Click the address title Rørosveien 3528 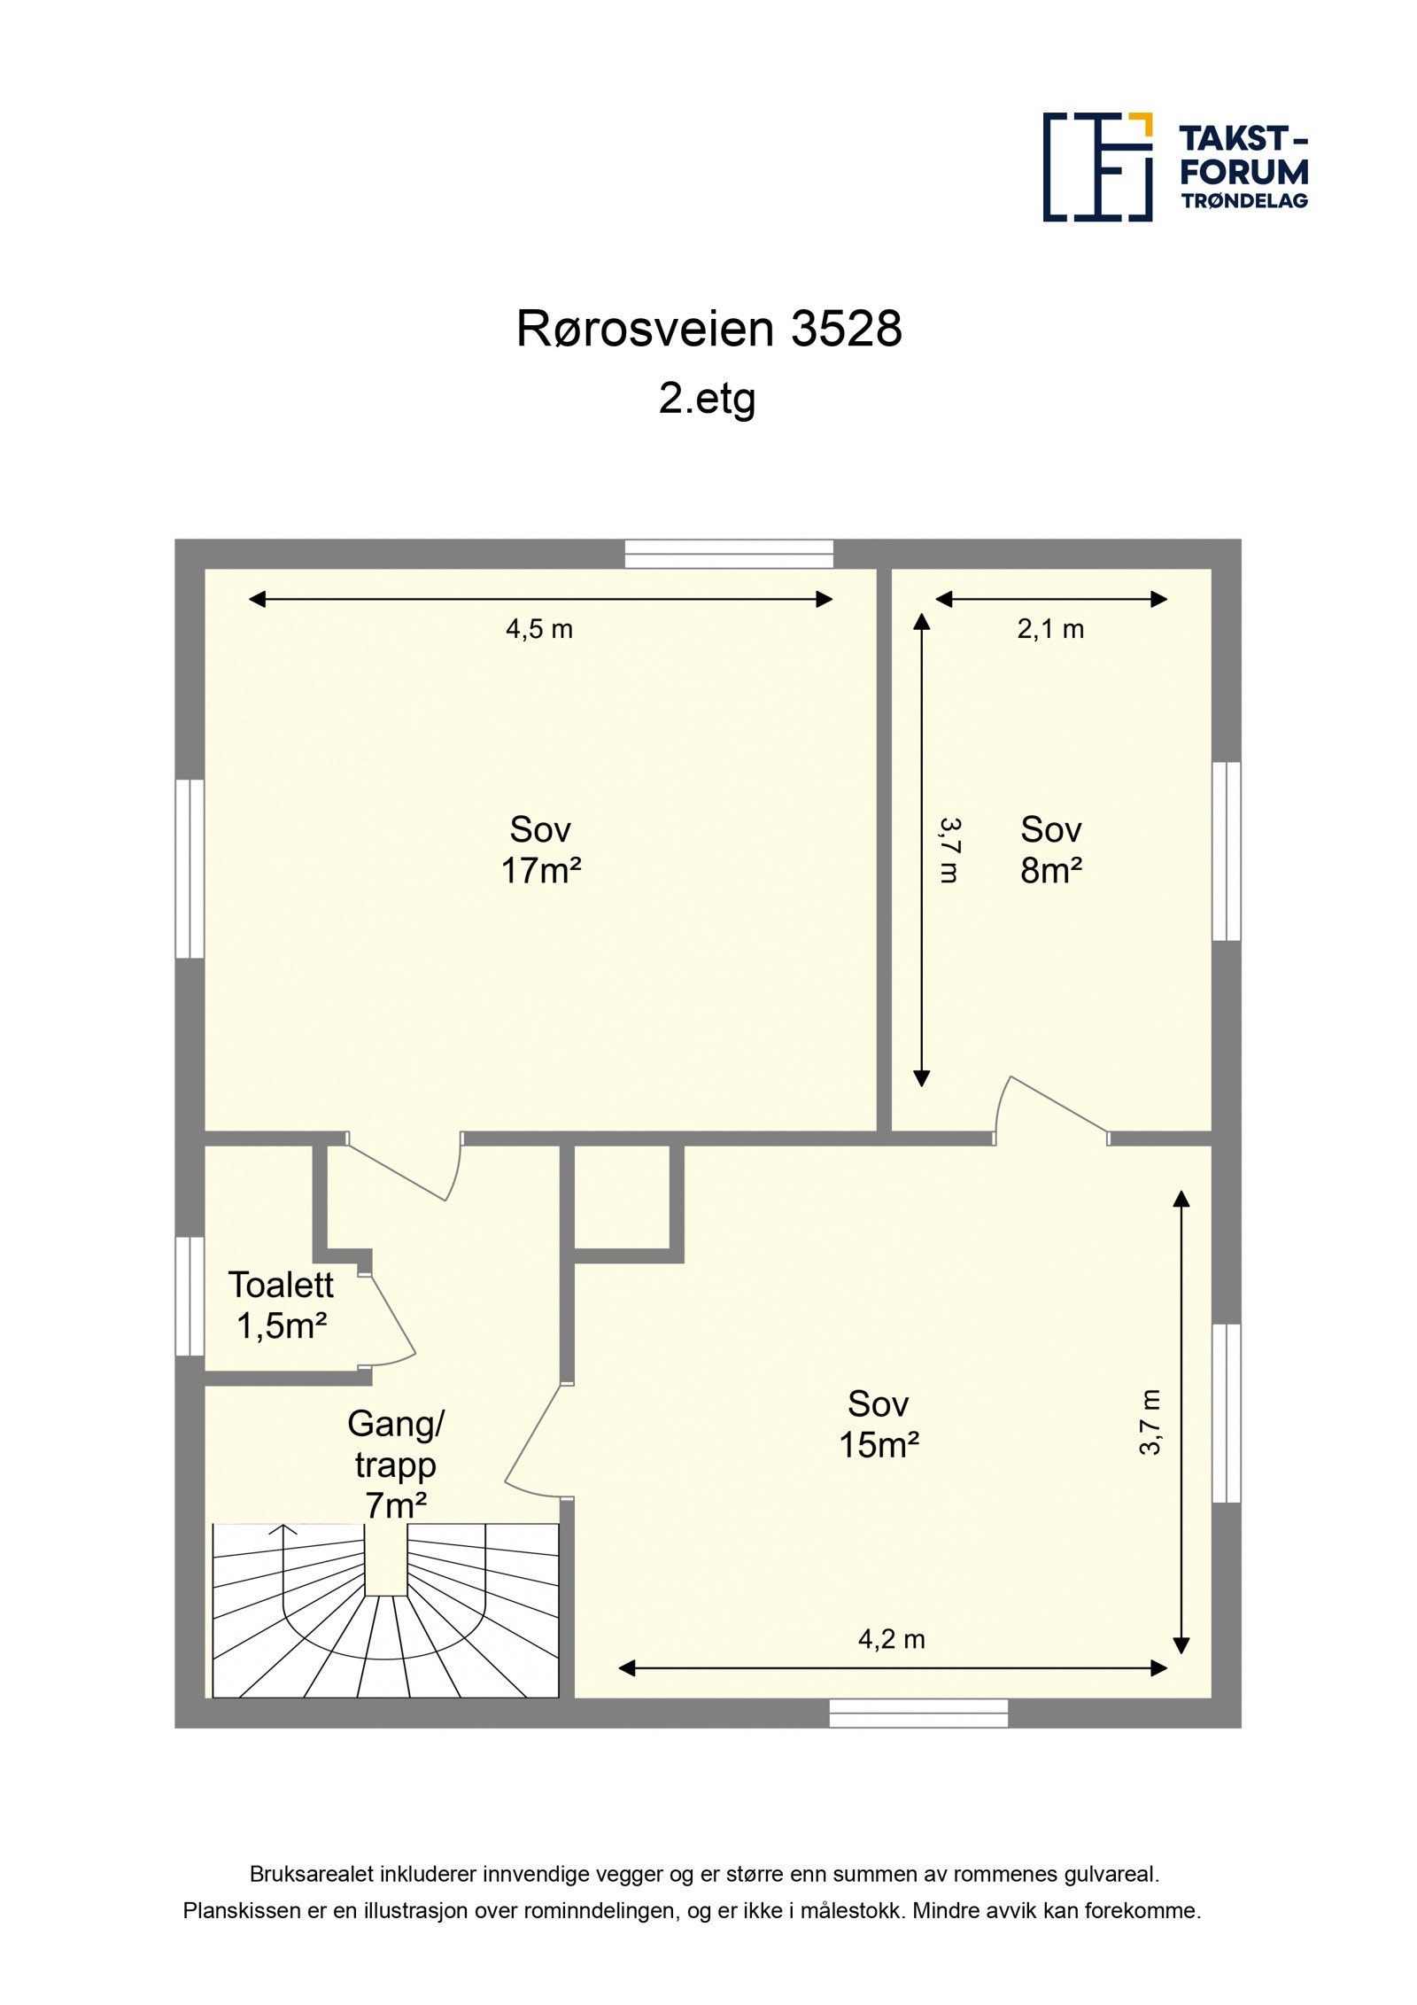(x=708, y=329)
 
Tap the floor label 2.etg (x=706, y=398)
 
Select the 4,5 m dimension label (x=538, y=629)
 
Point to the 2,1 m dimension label (x=1049, y=629)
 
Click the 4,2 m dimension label (x=891, y=1639)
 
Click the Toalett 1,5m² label (x=281, y=1305)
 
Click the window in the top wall (x=728, y=554)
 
